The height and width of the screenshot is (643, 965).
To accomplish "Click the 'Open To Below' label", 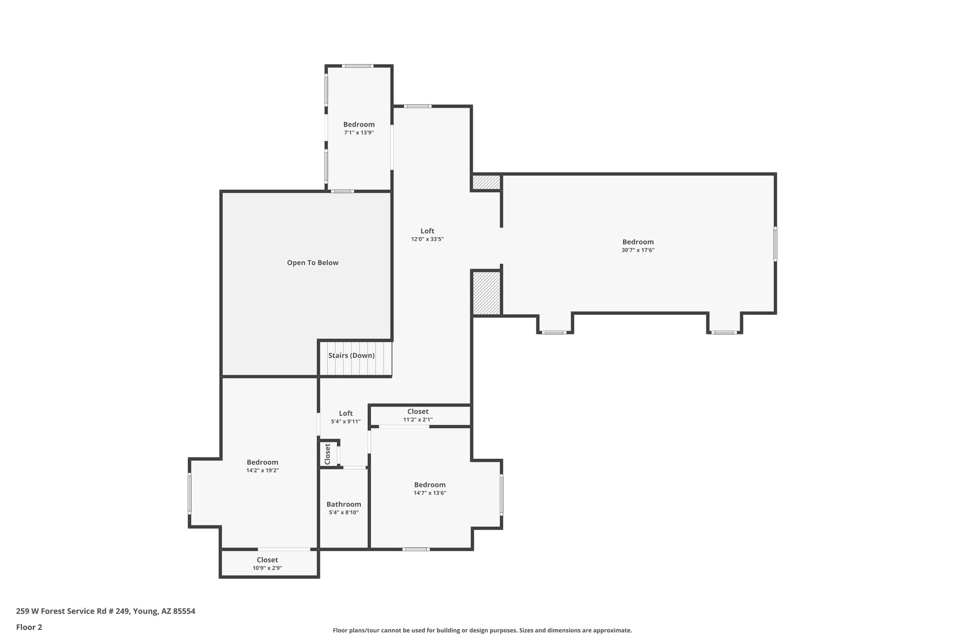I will [x=312, y=263].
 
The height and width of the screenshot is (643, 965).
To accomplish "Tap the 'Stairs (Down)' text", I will [x=352, y=356].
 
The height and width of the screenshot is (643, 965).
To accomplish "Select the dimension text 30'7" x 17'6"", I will [x=638, y=250].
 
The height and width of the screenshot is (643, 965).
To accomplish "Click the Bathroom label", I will [x=343, y=504].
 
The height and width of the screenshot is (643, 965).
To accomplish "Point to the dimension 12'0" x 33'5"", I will [x=427, y=239].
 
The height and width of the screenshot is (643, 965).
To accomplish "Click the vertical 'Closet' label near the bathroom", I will [x=328, y=454].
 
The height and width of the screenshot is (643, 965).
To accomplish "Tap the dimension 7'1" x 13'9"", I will [x=359, y=133].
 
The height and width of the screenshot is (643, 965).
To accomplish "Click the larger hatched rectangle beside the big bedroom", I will [x=486, y=293].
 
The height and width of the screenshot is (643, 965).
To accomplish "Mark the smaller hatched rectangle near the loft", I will [x=486, y=182].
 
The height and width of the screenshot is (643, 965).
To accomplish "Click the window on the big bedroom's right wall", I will [x=775, y=244].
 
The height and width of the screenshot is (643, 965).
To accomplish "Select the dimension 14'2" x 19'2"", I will [x=262, y=470].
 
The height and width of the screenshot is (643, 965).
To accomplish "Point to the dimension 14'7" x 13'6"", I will [x=430, y=493].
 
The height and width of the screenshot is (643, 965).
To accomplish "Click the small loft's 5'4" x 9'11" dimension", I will [x=345, y=422].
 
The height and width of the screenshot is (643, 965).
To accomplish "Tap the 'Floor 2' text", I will [x=29, y=627].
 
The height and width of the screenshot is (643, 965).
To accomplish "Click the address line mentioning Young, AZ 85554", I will [x=106, y=611].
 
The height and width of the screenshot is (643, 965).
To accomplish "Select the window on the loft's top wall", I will [x=417, y=106].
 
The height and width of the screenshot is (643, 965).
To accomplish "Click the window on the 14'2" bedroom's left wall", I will [x=189, y=493].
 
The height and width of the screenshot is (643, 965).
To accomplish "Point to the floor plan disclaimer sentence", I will [x=482, y=630].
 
